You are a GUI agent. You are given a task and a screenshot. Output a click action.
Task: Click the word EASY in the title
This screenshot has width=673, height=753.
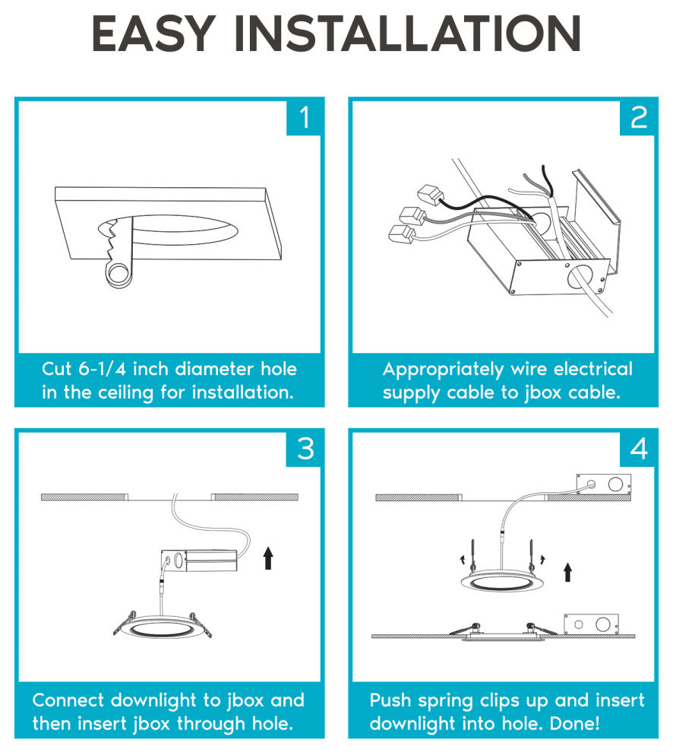click(153, 33)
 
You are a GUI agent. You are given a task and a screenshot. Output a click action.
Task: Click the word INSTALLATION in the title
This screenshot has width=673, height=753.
click(407, 33)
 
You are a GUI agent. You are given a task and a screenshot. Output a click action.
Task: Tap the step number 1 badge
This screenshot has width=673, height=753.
click(304, 118)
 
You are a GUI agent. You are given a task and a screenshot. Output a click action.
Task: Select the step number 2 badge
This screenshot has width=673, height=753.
click(637, 118)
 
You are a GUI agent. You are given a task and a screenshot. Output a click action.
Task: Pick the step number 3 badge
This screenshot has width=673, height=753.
click(304, 449)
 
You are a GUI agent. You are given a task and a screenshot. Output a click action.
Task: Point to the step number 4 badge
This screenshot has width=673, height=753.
click(637, 449)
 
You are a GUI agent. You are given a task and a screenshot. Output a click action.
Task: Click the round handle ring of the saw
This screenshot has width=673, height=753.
click(118, 275)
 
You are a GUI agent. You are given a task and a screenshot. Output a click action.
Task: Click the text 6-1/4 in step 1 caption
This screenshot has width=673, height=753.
click(103, 369)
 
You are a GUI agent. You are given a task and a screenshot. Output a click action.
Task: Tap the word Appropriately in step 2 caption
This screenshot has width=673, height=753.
click(444, 370)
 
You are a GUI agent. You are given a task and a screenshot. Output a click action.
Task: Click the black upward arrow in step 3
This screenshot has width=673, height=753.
click(268, 558)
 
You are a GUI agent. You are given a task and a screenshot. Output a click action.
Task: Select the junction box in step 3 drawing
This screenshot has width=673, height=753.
click(199, 561)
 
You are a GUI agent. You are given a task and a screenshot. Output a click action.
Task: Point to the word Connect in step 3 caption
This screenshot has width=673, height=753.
click(68, 701)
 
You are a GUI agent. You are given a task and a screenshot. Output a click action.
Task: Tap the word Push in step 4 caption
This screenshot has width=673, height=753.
click(390, 701)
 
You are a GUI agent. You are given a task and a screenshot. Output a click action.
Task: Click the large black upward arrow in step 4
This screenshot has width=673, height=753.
click(568, 573)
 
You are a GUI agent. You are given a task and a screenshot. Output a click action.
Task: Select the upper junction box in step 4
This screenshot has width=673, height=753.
click(603, 485)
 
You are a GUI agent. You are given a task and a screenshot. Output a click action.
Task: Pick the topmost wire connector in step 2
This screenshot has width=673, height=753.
click(429, 194)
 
